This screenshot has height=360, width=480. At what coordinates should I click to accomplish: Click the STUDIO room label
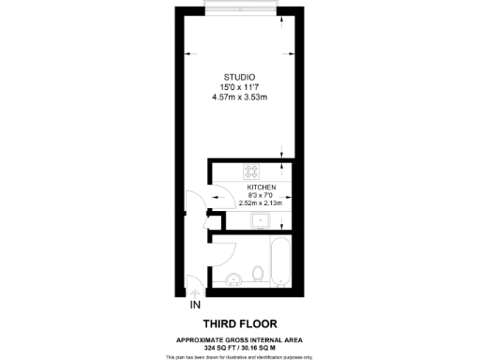pyautogui.click(x=240, y=77)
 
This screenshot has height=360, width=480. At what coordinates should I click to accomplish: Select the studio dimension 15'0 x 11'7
pyautogui.click(x=240, y=87)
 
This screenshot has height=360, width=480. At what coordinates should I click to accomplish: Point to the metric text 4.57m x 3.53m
pyautogui.click(x=240, y=97)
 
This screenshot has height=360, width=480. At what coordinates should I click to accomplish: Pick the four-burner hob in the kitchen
pyautogui.click(x=251, y=171)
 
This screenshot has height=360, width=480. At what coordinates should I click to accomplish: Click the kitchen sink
pyautogui.click(x=262, y=221)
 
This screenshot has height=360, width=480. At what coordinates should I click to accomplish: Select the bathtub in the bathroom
pyautogui.click(x=279, y=262)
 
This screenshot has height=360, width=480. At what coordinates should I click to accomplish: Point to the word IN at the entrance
pyautogui.click(x=195, y=306)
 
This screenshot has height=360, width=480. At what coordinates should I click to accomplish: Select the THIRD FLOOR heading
pyautogui.click(x=240, y=323)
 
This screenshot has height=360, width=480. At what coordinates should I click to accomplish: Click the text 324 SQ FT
pyautogui.click(x=217, y=348)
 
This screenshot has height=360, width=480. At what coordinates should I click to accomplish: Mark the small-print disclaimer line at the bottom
pyautogui.click(x=240, y=356)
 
